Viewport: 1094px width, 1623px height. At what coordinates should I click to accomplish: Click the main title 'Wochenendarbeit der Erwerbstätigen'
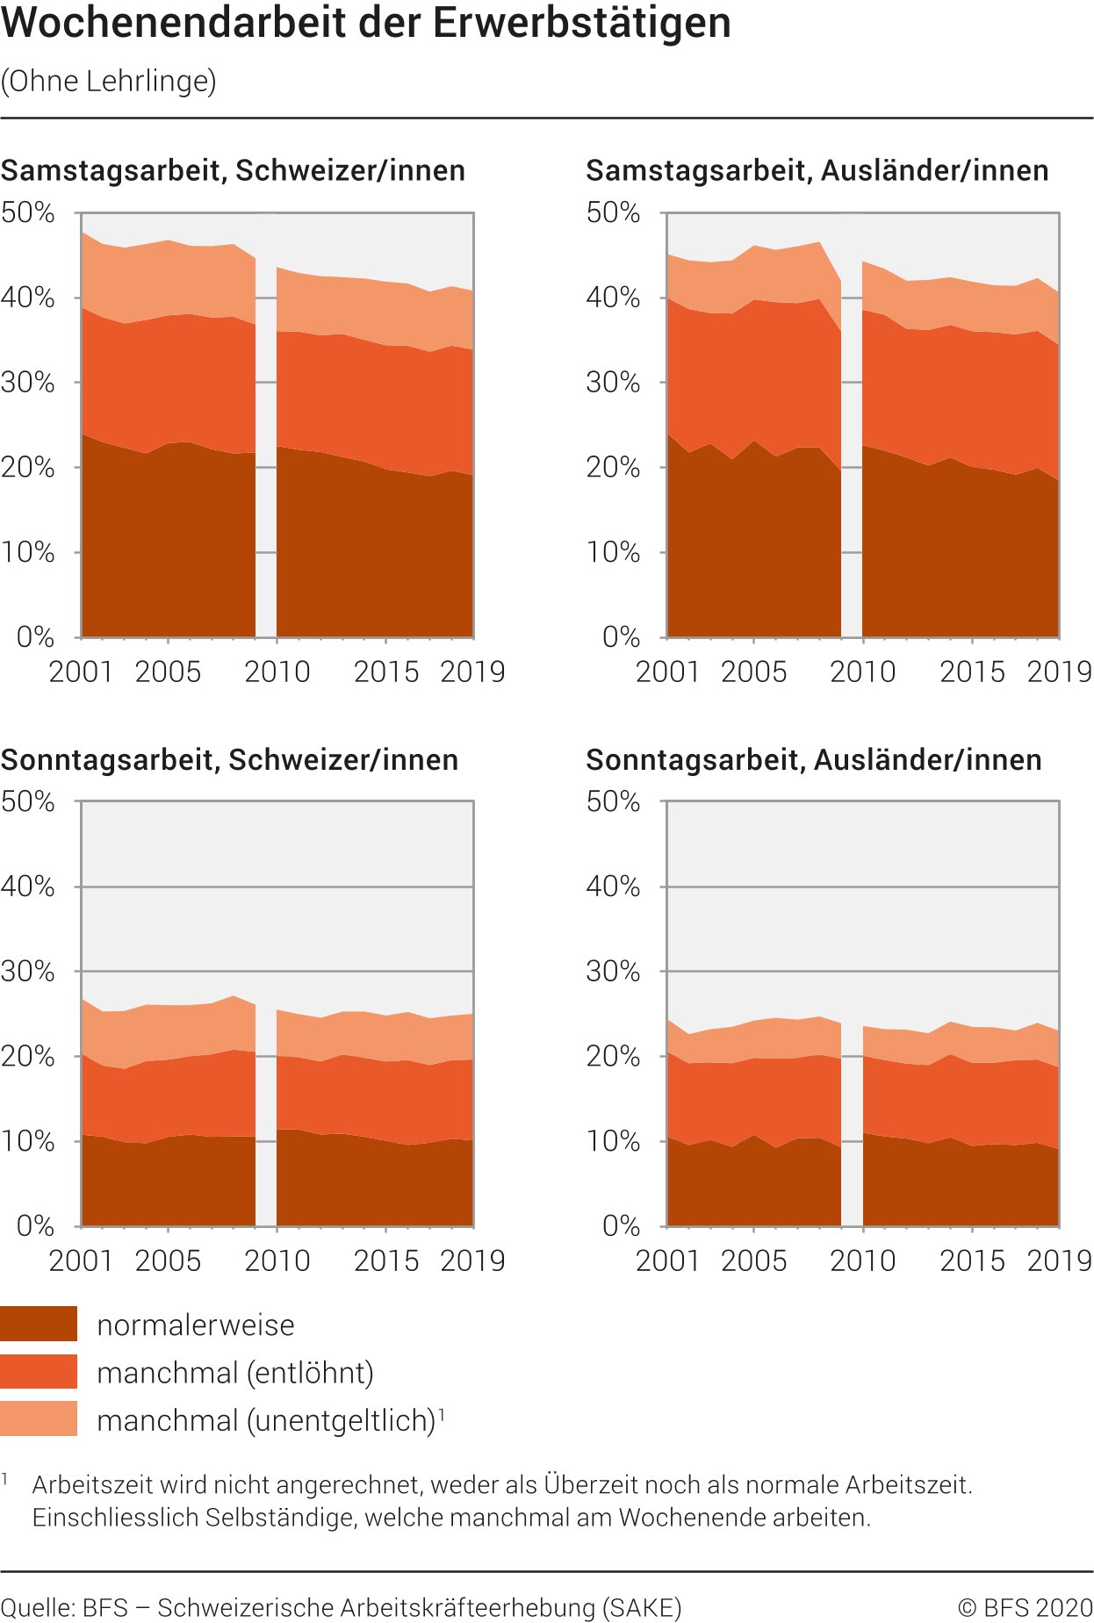(x=366, y=23)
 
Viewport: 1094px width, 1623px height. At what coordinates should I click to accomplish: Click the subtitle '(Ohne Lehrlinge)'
(x=109, y=81)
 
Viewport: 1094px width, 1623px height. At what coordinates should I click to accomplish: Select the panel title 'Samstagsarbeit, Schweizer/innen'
(x=233, y=170)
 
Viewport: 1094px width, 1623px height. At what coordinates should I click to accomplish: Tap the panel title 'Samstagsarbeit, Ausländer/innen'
(x=817, y=170)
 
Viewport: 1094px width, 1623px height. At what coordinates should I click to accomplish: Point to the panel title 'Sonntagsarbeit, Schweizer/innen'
(x=229, y=759)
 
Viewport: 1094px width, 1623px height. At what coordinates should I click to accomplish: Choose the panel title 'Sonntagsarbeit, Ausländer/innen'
(x=813, y=759)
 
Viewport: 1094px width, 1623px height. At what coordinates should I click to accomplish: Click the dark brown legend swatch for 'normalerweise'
(x=39, y=1324)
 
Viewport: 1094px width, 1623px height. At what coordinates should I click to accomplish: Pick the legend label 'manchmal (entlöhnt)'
(x=235, y=1372)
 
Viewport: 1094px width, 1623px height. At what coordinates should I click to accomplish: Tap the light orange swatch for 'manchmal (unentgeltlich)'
(x=39, y=1418)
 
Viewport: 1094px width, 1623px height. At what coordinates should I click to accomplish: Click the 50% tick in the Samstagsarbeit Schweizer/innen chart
(x=28, y=212)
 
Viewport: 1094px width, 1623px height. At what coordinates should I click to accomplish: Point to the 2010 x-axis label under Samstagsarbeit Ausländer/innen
(x=862, y=671)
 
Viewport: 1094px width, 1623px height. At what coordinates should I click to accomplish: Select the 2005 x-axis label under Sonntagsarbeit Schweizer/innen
(x=168, y=1260)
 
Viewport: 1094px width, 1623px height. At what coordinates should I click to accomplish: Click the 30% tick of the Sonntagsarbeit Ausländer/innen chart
(x=613, y=971)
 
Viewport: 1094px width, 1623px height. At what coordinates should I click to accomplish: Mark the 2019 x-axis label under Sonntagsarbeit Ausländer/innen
(x=1059, y=1260)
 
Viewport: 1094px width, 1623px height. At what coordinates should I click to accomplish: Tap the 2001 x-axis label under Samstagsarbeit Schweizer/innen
(x=81, y=671)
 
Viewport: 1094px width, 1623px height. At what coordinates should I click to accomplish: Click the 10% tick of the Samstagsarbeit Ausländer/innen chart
(x=613, y=552)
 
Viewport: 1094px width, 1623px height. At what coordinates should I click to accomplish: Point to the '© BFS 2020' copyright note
(x=1025, y=1607)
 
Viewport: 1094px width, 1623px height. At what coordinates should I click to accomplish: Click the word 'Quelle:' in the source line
(x=38, y=1607)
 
